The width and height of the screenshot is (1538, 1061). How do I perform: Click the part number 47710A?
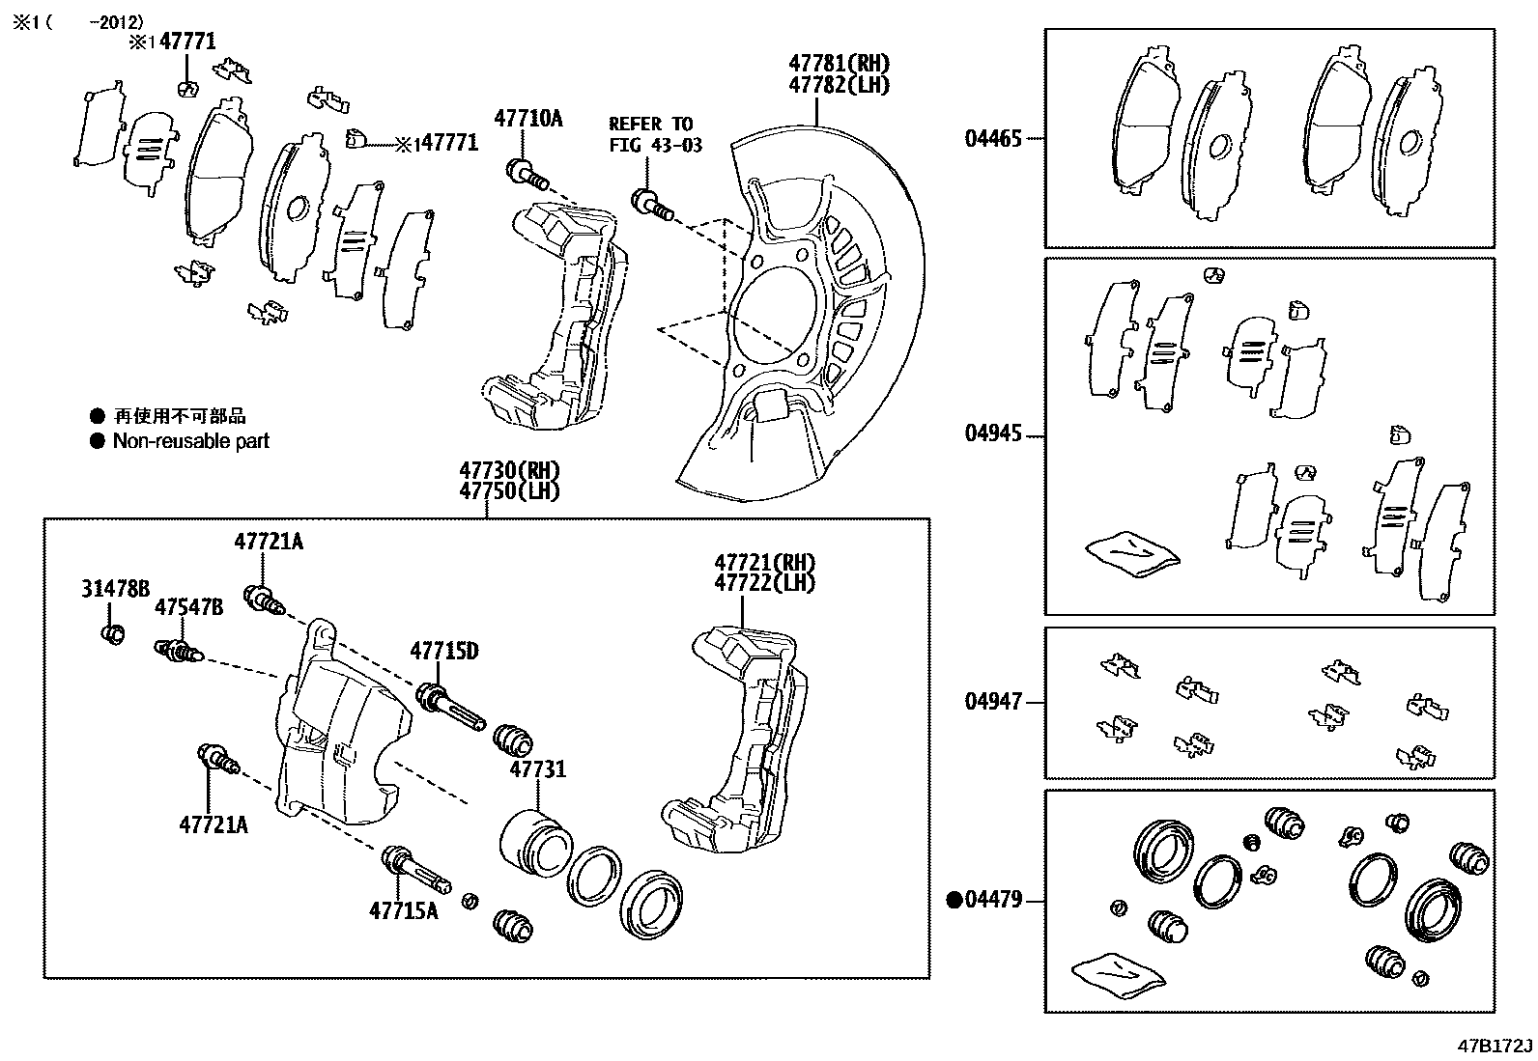[x=527, y=119]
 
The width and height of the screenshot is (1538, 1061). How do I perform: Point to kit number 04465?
[x=992, y=139]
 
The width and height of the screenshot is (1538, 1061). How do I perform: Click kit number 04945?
[x=992, y=433]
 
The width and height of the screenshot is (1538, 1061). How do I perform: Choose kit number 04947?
[x=992, y=702]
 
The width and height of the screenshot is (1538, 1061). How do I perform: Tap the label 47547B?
[x=189, y=606]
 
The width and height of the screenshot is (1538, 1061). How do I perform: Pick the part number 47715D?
[x=443, y=651]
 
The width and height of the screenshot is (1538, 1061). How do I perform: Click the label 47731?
[x=537, y=769]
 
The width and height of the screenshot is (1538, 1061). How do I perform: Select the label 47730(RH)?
[x=509, y=470]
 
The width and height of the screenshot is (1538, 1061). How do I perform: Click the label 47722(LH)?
[x=764, y=583]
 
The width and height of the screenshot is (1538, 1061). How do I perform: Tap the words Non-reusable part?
[x=190, y=441]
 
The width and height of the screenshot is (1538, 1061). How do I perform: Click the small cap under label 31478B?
[x=112, y=634]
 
